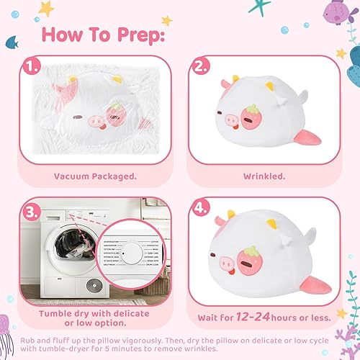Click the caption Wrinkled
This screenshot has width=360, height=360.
(x=264, y=175)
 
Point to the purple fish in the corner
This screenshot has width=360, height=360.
(x=334, y=12)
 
